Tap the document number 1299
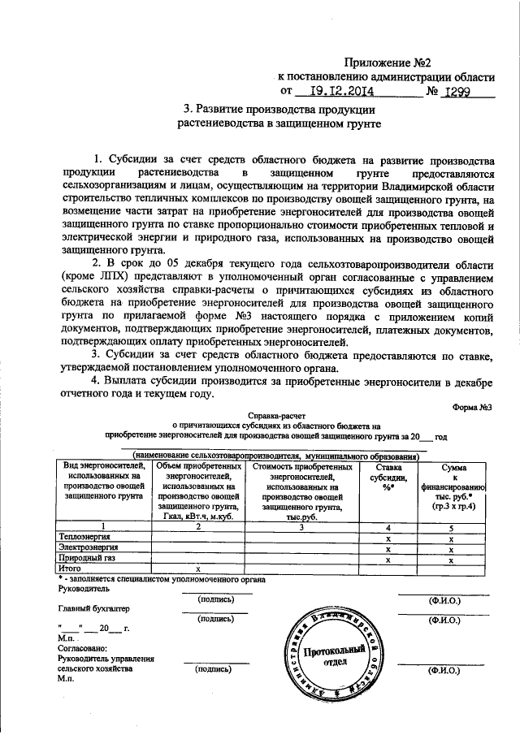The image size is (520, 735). [x=460, y=92]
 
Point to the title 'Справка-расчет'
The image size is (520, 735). [x=276, y=414]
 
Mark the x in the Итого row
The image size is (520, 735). [x=197, y=570]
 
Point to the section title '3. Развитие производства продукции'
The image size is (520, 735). [x=279, y=110]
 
